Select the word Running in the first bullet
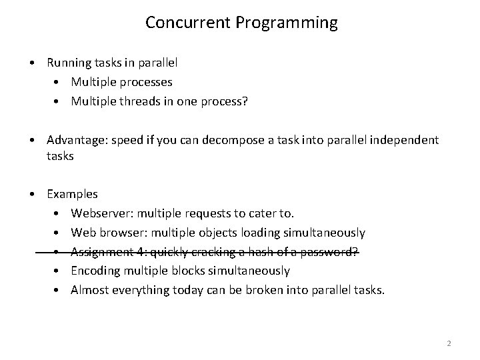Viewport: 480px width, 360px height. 69,63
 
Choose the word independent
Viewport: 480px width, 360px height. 405,140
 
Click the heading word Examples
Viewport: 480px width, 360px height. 72,195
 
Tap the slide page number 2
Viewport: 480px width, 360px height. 449,343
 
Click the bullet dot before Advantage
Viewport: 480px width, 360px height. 32,140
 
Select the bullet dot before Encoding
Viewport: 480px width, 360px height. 57,271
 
